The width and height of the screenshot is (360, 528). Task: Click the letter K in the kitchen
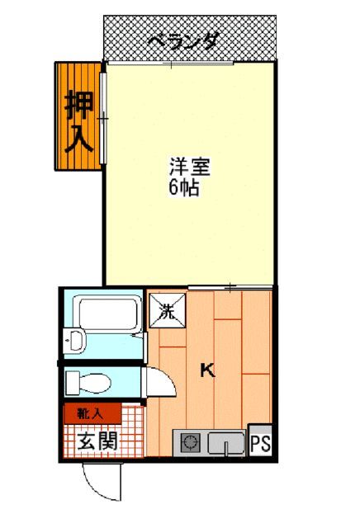point(208,370)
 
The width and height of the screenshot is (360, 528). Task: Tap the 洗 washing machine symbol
point(166,312)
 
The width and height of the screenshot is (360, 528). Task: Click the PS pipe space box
point(260,443)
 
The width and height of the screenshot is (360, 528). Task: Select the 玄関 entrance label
point(97,441)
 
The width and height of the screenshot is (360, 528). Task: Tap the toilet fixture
point(91,382)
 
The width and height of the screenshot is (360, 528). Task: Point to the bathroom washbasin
point(75,340)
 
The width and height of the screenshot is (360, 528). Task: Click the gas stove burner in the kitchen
point(188,444)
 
